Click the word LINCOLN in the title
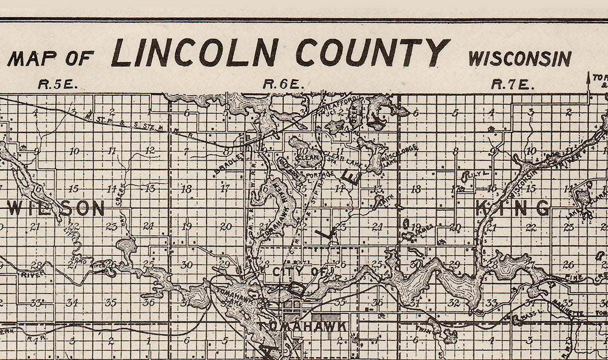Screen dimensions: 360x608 point(195,53)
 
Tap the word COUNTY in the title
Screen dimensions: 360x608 point(372,53)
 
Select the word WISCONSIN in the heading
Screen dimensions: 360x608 point(519,58)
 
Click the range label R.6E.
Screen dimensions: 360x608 point(283,85)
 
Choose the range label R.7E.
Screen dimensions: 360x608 point(512,85)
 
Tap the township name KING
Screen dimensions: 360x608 point(513,208)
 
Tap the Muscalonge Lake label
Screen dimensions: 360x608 point(398,156)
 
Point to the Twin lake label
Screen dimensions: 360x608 point(423,328)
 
